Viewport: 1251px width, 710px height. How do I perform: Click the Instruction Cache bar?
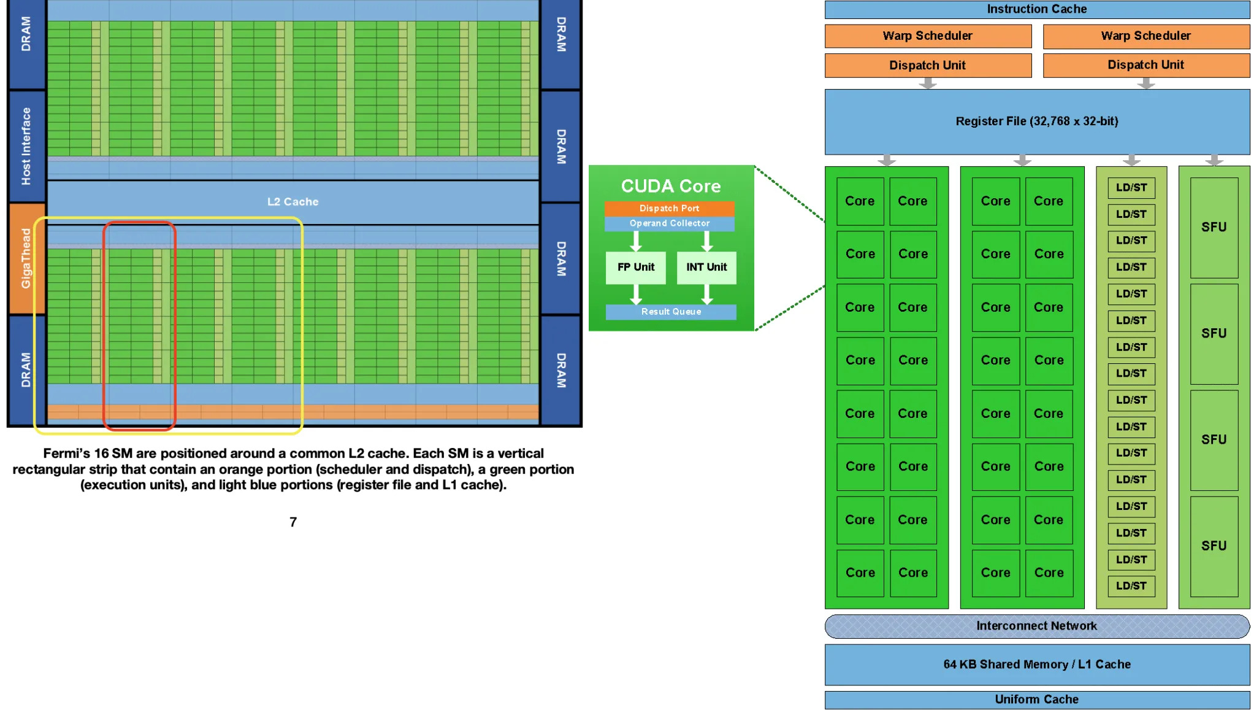[1036, 9]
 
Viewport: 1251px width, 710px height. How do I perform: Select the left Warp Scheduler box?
[927, 36]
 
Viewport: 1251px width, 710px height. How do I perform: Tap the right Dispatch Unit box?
[1146, 65]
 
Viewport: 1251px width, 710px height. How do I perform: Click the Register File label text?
[1036, 121]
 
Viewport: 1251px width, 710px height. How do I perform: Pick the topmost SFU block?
[1214, 227]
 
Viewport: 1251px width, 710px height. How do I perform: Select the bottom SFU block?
[1214, 546]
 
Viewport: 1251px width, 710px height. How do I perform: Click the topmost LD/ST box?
[1131, 188]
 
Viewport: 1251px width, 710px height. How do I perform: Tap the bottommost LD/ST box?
[1131, 585]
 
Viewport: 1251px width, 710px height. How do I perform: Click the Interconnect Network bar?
[1036, 626]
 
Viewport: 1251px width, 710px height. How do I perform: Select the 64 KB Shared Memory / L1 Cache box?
[1036, 664]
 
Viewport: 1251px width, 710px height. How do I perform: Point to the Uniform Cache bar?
[1036, 700]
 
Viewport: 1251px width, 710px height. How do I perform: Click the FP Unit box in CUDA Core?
[635, 267]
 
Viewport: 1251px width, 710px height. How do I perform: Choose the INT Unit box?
[706, 267]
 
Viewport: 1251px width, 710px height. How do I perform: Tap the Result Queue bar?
[671, 312]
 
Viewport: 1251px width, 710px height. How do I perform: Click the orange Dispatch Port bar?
[669, 209]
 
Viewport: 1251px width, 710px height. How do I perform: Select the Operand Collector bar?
[669, 223]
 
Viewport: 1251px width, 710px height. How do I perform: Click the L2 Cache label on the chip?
[293, 202]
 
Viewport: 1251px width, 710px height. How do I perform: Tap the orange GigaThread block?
[26, 258]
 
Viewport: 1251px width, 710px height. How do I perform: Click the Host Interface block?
[26, 146]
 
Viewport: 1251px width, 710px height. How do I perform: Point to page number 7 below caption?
[293, 522]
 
